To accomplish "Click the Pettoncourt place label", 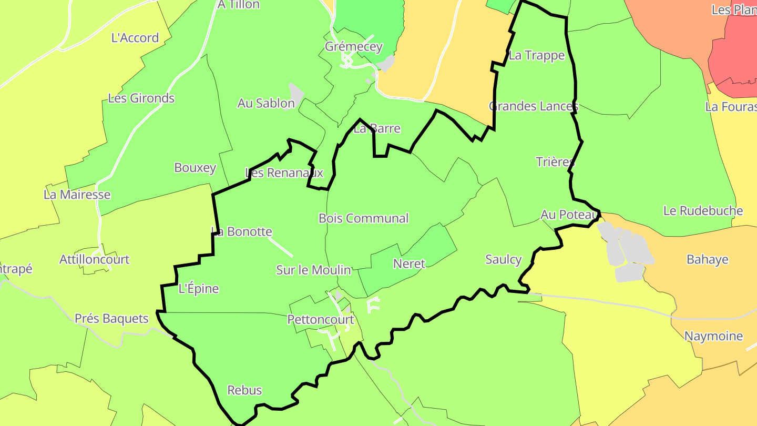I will pyautogui.click(x=321, y=320).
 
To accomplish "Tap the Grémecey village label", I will pyautogui.click(x=353, y=46).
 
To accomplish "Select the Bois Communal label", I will pyautogui.click(x=363, y=218).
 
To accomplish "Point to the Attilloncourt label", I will pyautogui.click(x=94, y=259).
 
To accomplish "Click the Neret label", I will pyautogui.click(x=409, y=263).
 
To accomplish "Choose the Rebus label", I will pyautogui.click(x=244, y=390).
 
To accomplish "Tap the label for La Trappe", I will pyautogui.click(x=537, y=56).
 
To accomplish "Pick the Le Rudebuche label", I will pyautogui.click(x=703, y=211).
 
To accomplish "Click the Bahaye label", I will pyautogui.click(x=708, y=259).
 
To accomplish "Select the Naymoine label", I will pyautogui.click(x=713, y=336).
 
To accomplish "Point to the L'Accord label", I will pyautogui.click(x=135, y=38).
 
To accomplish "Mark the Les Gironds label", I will pyautogui.click(x=141, y=98).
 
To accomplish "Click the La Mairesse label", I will pyautogui.click(x=77, y=195).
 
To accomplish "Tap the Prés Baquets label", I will pyautogui.click(x=111, y=318).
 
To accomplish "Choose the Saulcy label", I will pyautogui.click(x=504, y=259).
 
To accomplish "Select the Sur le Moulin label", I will pyautogui.click(x=313, y=270).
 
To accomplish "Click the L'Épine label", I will pyautogui.click(x=199, y=289).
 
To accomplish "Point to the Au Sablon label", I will pyautogui.click(x=266, y=103).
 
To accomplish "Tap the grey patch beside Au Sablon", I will pyautogui.click(x=296, y=94).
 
